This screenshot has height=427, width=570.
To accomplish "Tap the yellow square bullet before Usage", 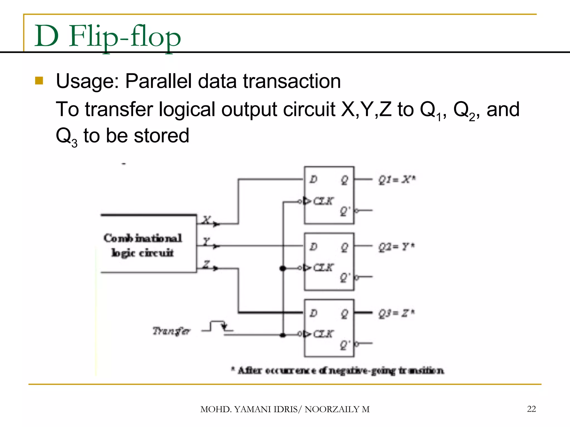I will point(39,81).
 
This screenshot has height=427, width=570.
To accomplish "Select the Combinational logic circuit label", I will point(142,245).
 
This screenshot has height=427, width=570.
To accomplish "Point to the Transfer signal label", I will point(171,331).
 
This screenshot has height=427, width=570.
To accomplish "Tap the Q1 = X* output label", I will point(397,180).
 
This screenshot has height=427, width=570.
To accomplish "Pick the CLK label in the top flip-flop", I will point(323,201).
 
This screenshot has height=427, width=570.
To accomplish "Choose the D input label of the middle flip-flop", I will point(313,247).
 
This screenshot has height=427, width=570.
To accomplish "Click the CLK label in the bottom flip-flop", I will point(323,334).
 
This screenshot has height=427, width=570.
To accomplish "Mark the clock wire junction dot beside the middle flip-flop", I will point(283,268).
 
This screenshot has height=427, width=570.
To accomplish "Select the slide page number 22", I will point(531,409).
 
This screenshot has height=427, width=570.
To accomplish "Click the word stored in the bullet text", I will point(161,136).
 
